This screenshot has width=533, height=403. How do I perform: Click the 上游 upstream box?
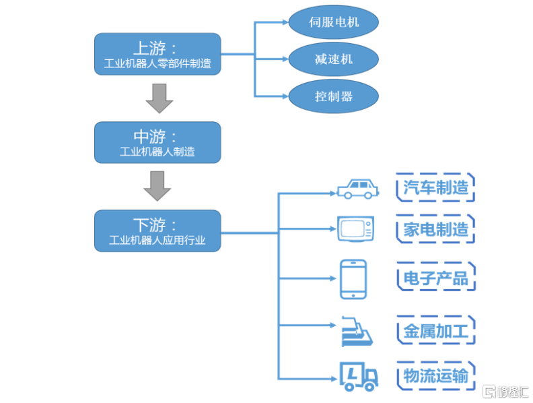click(x=157, y=55)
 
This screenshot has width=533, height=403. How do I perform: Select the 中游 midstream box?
click(x=157, y=142)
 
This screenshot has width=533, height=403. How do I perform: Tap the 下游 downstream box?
click(x=157, y=230)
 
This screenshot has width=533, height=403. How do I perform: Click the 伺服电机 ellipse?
click(x=334, y=22)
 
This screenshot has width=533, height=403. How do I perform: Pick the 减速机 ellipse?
click(x=334, y=59)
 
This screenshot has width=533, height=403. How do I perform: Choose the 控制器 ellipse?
click(x=334, y=96)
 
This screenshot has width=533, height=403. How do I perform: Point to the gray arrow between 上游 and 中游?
click(x=159, y=98)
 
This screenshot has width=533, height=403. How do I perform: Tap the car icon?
click(x=357, y=189)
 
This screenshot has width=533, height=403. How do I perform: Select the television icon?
click(x=355, y=228)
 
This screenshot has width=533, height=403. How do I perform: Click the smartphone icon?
click(x=353, y=278)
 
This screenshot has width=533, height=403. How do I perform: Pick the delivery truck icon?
click(x=359, y=376)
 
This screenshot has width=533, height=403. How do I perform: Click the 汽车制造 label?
click(x=435, y=187)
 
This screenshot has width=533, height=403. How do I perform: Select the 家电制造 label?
click(x=435, y=229)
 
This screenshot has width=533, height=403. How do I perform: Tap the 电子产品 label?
click(x=435, y=278)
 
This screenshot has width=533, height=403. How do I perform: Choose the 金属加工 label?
click(x=435, y=331)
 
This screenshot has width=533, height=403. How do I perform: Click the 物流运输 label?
click(x=435, y=375)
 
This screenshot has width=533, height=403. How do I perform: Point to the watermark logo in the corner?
click(x=505, y=392)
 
